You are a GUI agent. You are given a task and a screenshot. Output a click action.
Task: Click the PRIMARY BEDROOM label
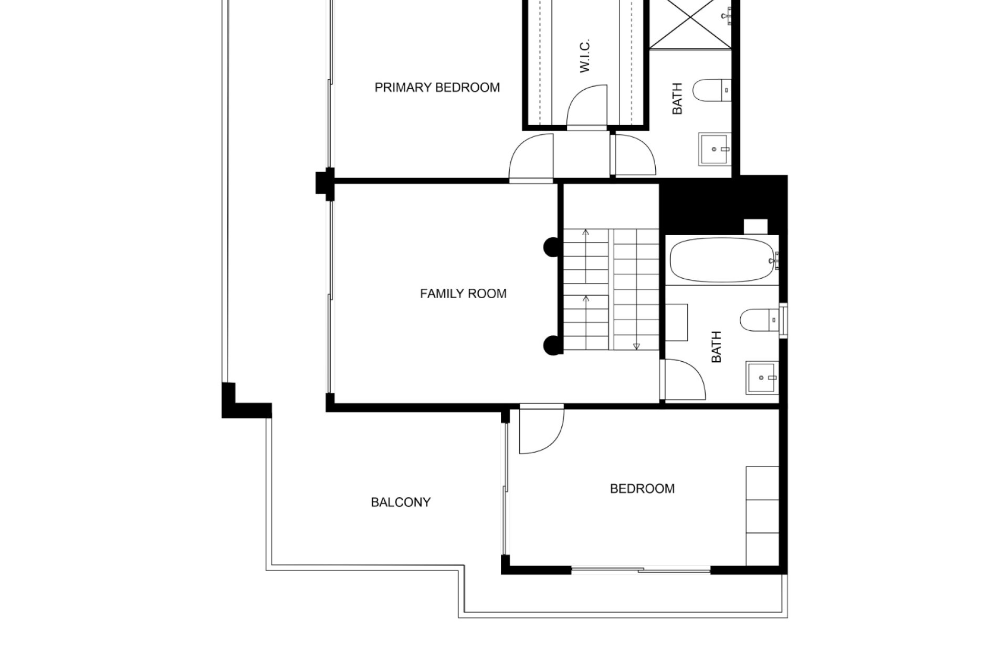pyautogui.click(x=437, y=88)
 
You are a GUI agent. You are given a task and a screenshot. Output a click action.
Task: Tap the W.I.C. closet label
pyautogui.click(x=585, y=56)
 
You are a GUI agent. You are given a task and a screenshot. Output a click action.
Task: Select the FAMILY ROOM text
pyautogui.click(x=463, y=293)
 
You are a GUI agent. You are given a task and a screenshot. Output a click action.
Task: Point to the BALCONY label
pyautogui.click(x=401, y=502)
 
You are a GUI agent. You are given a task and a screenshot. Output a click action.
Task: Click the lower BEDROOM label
pyautogui.click(x=642, y=489)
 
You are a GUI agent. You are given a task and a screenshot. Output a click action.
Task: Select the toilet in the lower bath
pyautogui.click(x=759, y=320)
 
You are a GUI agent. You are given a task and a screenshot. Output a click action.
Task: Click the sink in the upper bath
pyautogui.click(x=715, y=150)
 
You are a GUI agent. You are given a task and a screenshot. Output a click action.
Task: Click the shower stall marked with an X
pyautogui.click(x=690, y=24)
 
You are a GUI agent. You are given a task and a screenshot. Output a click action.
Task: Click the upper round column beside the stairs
pyautogui.click(x=551, y=247)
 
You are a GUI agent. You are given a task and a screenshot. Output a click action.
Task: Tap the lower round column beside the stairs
pyautogui.click(x=551, y=344)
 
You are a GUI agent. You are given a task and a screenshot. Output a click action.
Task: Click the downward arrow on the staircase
pyautogui.click(x=636, y=346)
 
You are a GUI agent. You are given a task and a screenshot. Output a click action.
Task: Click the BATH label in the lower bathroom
pyautogui.click(x=716, y=346)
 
